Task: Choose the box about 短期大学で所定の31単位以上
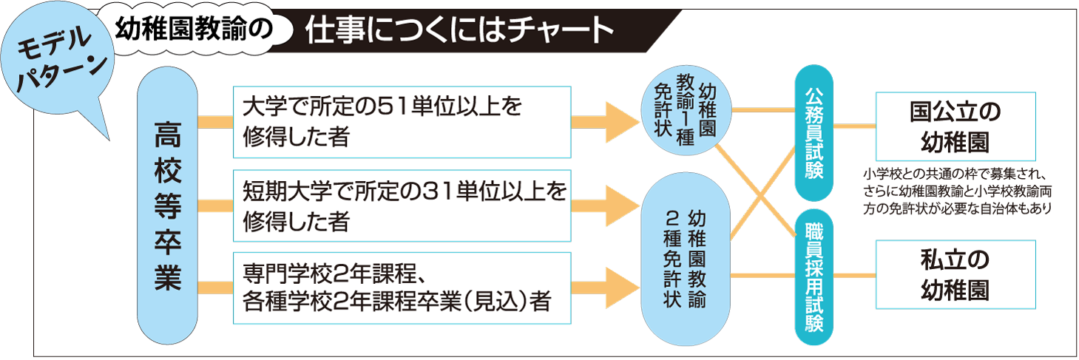point(402,206)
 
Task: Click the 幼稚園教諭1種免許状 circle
point(686,112)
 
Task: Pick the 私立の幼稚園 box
point(955,274)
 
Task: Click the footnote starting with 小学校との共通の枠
point(956,192)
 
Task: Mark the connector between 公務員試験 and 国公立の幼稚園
point(855,126)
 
